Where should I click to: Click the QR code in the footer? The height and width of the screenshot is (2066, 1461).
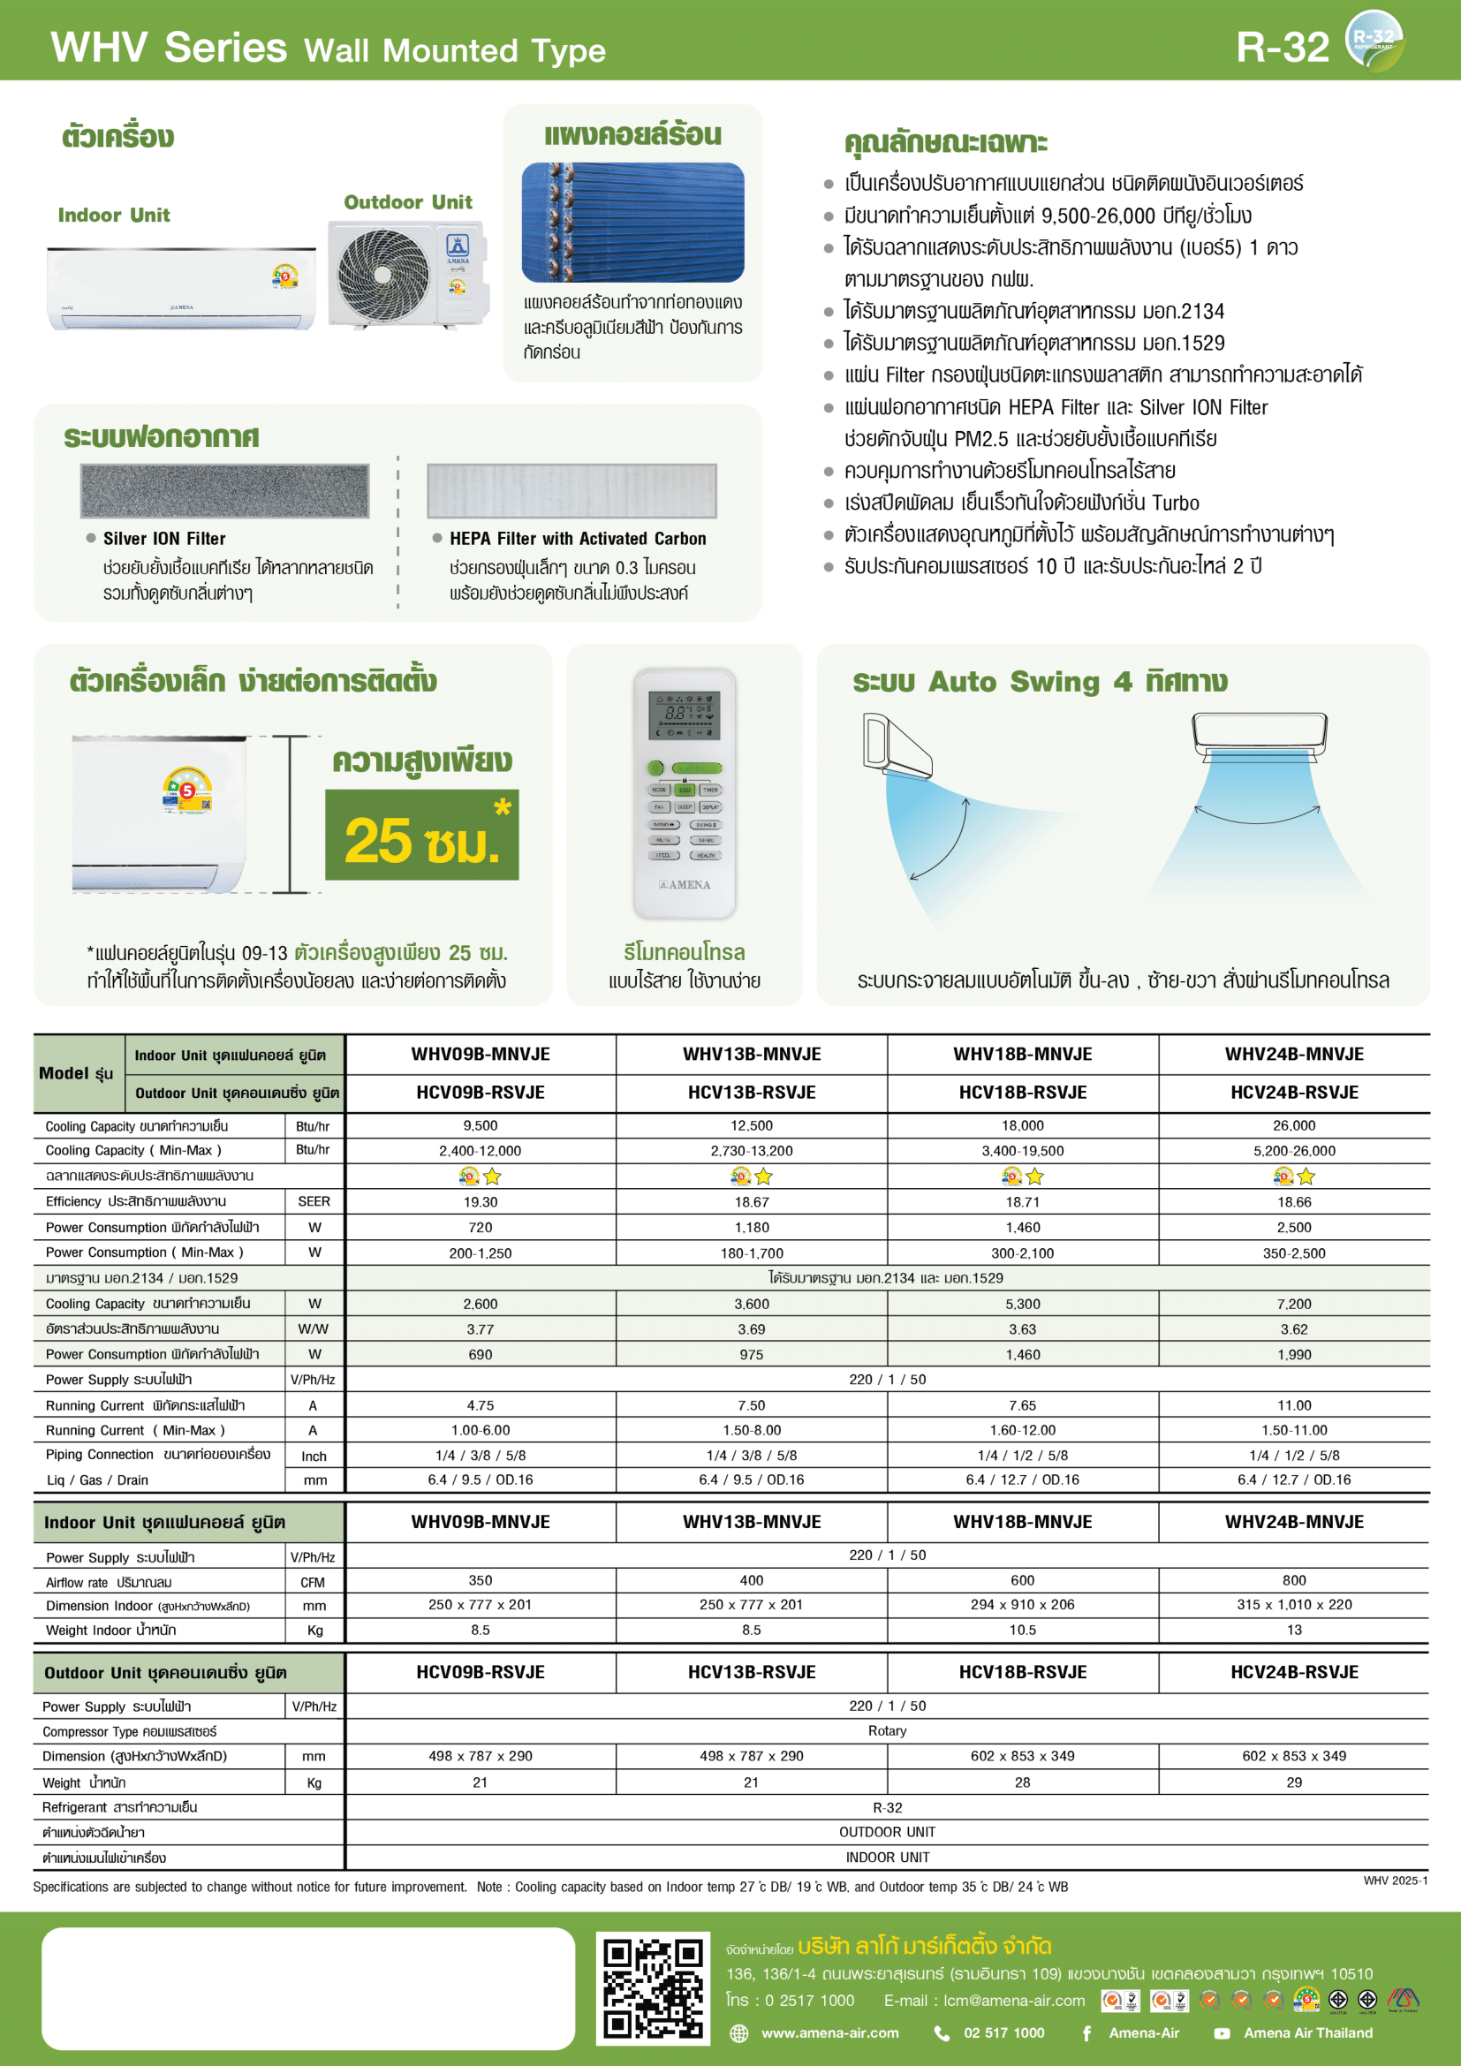653,1988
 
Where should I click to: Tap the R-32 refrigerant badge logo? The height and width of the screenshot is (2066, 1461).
1374,40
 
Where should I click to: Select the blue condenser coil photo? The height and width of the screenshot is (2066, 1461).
632,223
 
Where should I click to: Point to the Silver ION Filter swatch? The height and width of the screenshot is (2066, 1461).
225,490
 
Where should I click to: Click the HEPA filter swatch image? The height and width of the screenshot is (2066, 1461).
572,490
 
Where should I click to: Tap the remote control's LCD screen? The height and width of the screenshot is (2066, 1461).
685,716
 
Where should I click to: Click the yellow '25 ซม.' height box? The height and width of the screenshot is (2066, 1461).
422,835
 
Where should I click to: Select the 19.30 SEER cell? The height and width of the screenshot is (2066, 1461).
481,1202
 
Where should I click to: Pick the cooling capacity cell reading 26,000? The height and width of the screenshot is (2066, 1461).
1294,1125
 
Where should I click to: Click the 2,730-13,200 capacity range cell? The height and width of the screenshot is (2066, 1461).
751,1151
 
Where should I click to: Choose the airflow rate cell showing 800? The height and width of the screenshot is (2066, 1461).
1294,1580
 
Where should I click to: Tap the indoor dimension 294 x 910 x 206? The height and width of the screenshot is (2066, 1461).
1022,1604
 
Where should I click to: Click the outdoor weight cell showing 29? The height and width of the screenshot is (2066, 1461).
1294,1782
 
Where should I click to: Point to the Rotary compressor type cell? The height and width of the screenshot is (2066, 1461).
887,1730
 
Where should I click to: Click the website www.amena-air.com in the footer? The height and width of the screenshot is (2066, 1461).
829,2032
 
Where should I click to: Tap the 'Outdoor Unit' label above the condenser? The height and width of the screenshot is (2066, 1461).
407,202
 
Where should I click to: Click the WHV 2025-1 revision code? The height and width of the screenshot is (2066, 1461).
1395,1881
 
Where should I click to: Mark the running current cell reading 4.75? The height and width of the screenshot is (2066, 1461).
481,1405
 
